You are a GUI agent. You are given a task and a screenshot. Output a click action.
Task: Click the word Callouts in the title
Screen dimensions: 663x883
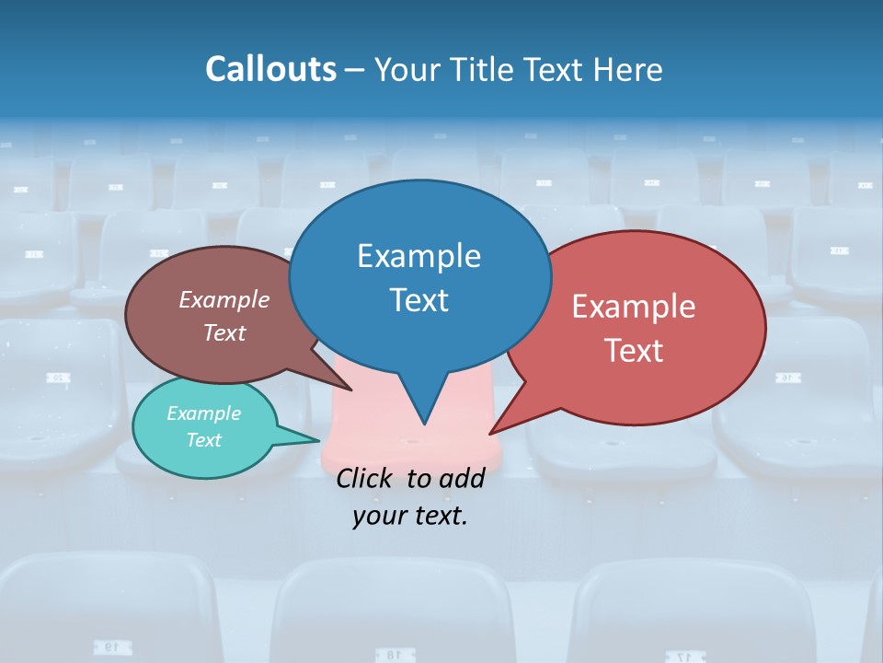[x=271, y=69]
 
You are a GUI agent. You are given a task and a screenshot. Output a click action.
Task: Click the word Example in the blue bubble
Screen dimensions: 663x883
[x=419, y=256]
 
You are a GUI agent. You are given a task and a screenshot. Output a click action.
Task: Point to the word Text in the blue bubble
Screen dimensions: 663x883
[x=419, y=300]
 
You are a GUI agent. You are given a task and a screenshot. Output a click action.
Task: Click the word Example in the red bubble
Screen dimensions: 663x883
[x=634, y=307]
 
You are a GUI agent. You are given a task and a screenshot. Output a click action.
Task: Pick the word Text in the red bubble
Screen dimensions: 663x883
[x=634, y=351]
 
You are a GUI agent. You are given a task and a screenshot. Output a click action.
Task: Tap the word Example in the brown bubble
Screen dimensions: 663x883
[x=224, y=300]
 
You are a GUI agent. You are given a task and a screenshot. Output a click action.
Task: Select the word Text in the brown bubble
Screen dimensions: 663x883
[x=224, y=333]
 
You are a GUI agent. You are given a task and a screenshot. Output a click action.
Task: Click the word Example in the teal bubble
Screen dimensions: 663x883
[x=203, y=413]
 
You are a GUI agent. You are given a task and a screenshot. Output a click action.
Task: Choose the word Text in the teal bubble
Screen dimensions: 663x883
[x=203, y=440]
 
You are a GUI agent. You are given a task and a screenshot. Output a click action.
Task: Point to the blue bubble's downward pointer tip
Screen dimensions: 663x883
[x=424, y=424]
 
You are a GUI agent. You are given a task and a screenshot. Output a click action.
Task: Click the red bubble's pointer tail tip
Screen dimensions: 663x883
[x=490, y=433]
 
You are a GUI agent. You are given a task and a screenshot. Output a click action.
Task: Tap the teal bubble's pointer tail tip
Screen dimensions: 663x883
[x=318, y=440]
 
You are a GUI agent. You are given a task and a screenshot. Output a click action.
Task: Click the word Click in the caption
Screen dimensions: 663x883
[x=366, y=478]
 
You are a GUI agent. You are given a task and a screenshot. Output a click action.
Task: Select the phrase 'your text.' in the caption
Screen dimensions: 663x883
[x=410, y=516]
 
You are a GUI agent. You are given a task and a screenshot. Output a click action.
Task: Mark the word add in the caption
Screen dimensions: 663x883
[x=462, y=478]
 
